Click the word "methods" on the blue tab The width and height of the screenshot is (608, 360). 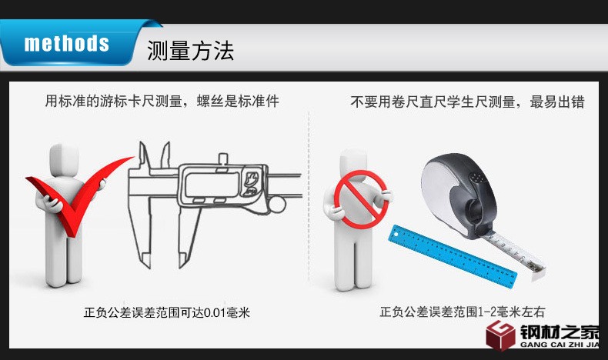(67, 43)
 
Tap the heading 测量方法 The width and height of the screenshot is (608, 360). (190, 51)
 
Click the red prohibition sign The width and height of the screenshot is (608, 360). (361, 199)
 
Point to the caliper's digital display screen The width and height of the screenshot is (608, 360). (212, 185)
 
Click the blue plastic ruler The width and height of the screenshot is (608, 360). (453, 255)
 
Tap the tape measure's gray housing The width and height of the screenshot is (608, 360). (458, 194)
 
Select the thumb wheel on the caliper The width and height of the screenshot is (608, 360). (277, 205)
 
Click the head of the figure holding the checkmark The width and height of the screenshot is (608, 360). (65, 160)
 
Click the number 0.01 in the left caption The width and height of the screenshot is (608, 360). (215, 313)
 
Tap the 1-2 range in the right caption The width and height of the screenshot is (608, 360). (488, 312)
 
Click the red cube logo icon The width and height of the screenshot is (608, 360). (500, 335)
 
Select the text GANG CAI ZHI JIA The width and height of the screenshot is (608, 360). (560, 345)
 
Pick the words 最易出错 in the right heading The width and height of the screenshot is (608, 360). (557, 102)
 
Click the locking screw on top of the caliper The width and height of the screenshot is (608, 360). (222, 159)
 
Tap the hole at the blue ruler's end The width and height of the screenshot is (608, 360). (396, 235)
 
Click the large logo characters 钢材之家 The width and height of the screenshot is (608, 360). (560, 332)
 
